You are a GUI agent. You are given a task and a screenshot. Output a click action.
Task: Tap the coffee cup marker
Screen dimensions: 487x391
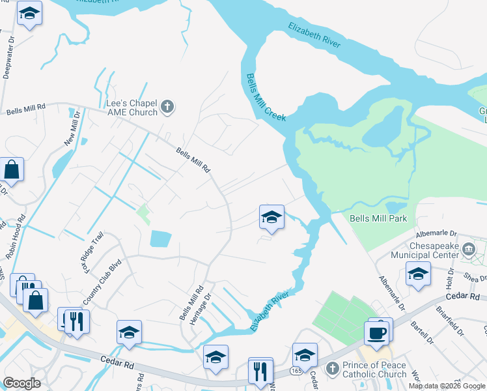pyautogui.click(x=378, y=333)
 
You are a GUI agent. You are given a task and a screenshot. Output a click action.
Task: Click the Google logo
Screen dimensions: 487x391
pyautogui.click(x=21, y=383)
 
